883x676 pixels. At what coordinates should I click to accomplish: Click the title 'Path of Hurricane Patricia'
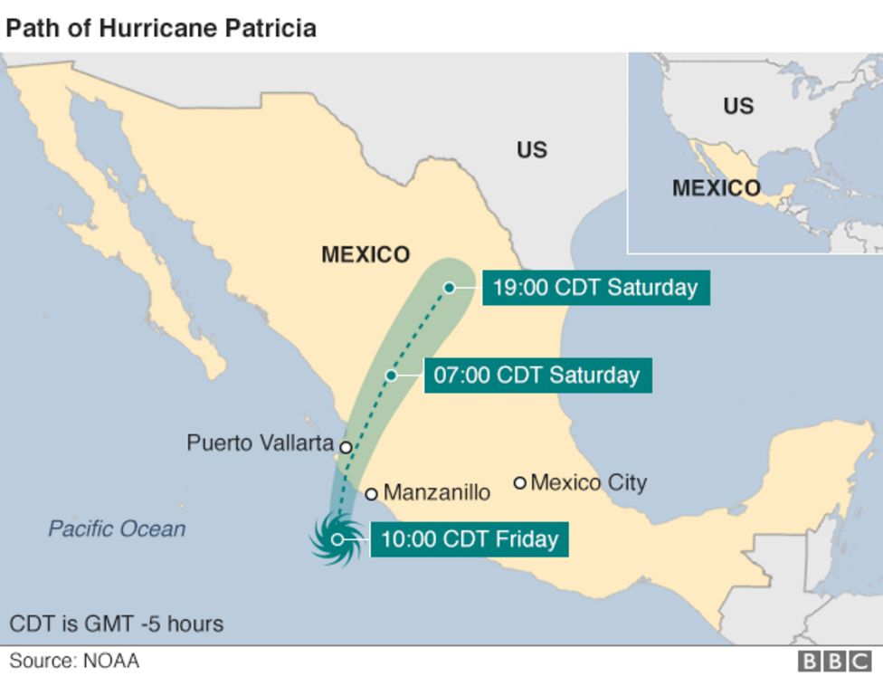tap(161, 28)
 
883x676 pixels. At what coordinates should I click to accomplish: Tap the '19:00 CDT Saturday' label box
tap(594, 288)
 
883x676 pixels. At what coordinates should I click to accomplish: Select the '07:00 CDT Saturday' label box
tap(536, 375)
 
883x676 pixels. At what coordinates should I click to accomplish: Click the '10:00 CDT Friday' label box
tap(469, 539)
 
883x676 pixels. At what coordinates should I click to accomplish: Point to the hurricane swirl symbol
tap(337, 539)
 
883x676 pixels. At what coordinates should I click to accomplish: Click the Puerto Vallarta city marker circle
tap(346, 446)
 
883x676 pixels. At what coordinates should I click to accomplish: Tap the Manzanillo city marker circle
tap(371, 494)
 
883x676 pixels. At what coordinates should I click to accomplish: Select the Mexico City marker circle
tap(520, 482)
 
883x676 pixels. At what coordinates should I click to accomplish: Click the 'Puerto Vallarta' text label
tap(260, 443)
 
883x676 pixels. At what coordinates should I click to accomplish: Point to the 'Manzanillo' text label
tap(437, 493)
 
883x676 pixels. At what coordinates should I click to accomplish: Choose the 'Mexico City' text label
tap(589, 482)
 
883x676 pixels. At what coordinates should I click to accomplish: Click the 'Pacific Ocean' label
tap(117, 529)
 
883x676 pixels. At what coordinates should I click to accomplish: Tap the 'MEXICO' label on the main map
tap(366, 255)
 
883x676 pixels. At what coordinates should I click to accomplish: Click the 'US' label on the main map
tap(532, 150)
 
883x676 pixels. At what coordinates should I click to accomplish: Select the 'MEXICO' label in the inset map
tap(716, 188)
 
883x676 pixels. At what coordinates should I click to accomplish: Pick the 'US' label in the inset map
tap(738, 106)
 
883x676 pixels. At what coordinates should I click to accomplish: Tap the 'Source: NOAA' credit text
tap(74, 662)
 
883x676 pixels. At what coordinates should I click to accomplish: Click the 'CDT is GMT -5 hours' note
tap(116, 624)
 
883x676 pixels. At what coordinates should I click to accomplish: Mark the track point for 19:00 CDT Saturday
tap(449, 288)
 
